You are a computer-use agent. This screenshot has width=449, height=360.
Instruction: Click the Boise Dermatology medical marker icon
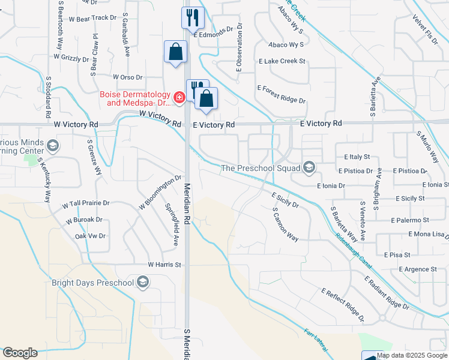point(178,97)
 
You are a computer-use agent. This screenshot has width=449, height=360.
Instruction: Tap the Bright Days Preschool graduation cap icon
point(143,282)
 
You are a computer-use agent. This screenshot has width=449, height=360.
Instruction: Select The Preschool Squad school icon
point(309,167)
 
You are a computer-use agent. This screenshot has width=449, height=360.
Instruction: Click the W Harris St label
point(164,264)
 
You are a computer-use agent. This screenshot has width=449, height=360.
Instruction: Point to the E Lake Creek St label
point(282,61)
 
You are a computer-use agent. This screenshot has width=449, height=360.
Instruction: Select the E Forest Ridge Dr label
point(282,94)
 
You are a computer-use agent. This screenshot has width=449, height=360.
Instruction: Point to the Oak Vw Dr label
point(90,236)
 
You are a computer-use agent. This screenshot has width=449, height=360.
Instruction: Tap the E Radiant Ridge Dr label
point(387,292)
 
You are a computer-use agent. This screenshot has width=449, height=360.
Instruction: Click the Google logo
point(20,353)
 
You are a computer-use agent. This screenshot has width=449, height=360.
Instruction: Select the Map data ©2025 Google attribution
point(412,356)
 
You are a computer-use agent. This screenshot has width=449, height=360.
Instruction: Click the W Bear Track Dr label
point(92,18)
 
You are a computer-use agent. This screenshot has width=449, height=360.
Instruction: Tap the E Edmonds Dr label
point(212,34)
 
